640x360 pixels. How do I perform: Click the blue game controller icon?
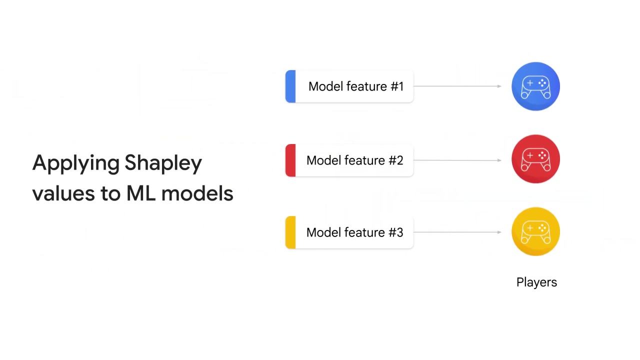pos(535,86)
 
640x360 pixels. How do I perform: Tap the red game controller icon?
pos(535,159)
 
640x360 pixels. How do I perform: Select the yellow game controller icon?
pos(535,231)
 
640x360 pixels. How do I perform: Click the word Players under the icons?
pos(536,282)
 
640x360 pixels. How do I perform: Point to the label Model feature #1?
pos(355,86)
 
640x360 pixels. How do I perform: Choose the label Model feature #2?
pos(354,160)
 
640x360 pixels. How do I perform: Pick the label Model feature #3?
pos(354,232)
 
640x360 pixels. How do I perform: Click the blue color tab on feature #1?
pos(290,86)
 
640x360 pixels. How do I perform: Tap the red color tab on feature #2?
pos(290,160)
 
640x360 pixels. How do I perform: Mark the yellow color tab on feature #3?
pos(290,232)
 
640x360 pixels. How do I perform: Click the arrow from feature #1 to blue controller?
pos(457,86)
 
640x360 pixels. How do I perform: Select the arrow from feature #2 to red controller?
pos(457,160)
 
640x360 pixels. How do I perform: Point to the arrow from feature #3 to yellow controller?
pos(457,232)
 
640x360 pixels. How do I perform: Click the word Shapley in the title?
pos(163,163)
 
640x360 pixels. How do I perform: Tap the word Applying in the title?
pos(75,163)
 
